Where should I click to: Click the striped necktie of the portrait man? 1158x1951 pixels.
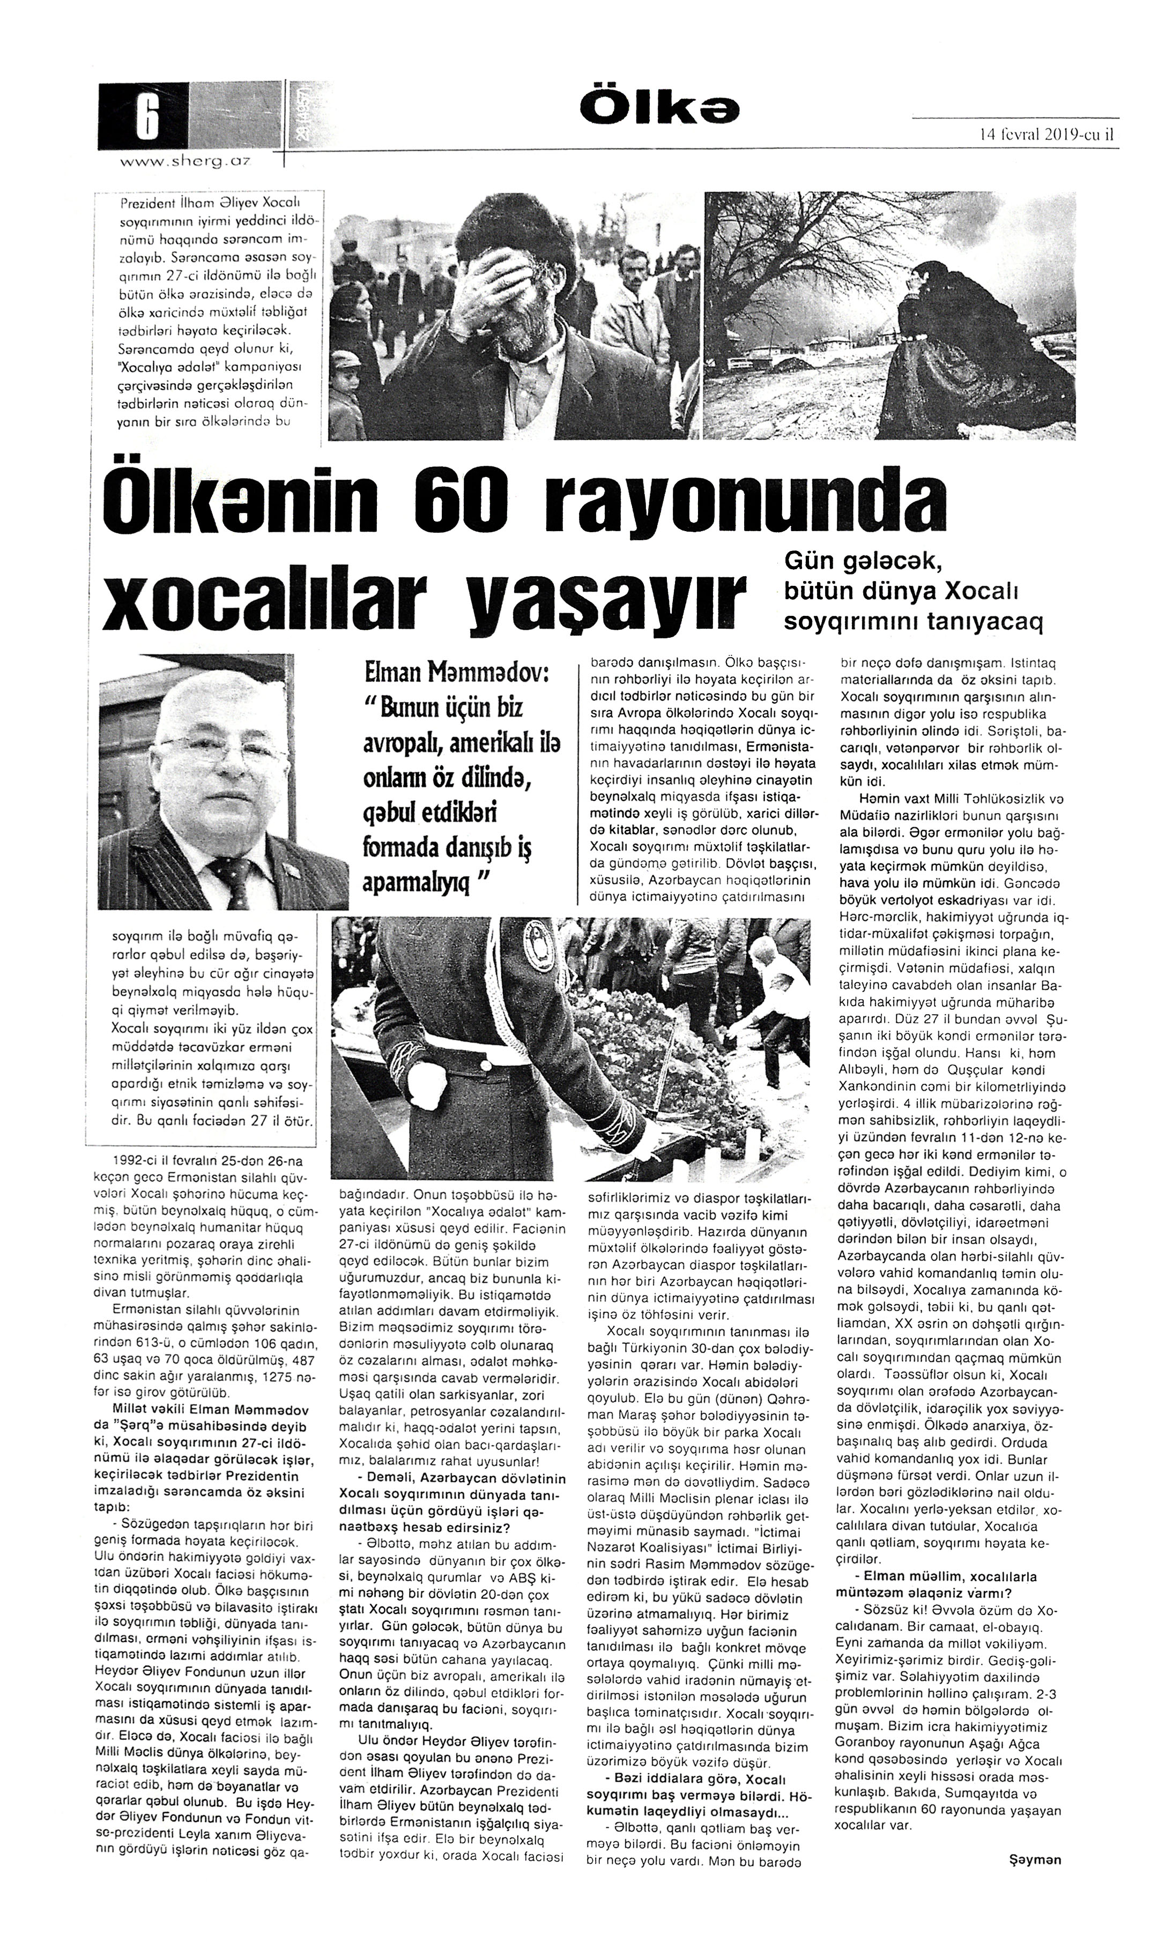pos(234,882)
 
